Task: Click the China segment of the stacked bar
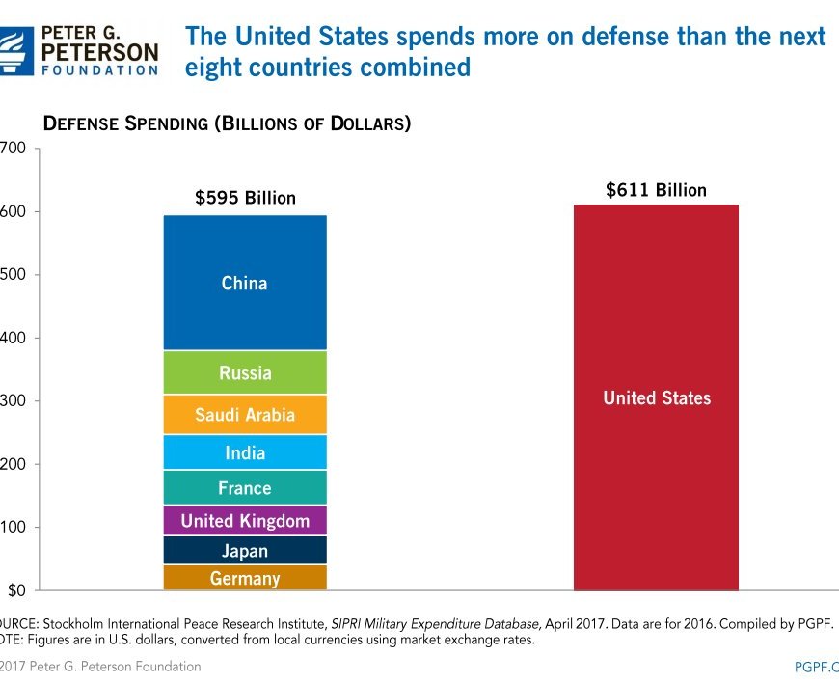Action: pyautogui.click(x=245, y=283)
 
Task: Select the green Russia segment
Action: pyautogui.click(x=245, y=372)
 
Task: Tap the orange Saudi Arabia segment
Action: pyautogui.click(x=245, y=415)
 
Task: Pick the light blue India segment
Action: pyautogui.click(x=245, y=452)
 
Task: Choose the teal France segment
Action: pyautogui.click(x=245, y=487)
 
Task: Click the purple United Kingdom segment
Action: pyautogui.click(x=245, y=521)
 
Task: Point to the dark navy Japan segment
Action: pyautogui.click(x=245, y=551)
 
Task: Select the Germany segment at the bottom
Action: pyautogui.click(x=245, y=578)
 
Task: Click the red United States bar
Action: pyautogui.click(x=656, y=397)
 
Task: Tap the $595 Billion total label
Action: pyautogui.click(x=245, y=198)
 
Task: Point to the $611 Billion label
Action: pyautogui.click(x=656, y=190)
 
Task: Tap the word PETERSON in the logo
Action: pyautogui.click(x=98, y=49)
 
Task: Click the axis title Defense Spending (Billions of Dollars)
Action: pyautogui.click(x=227, y=123)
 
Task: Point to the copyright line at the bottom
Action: pyautogui.click(x=101, y=667)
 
